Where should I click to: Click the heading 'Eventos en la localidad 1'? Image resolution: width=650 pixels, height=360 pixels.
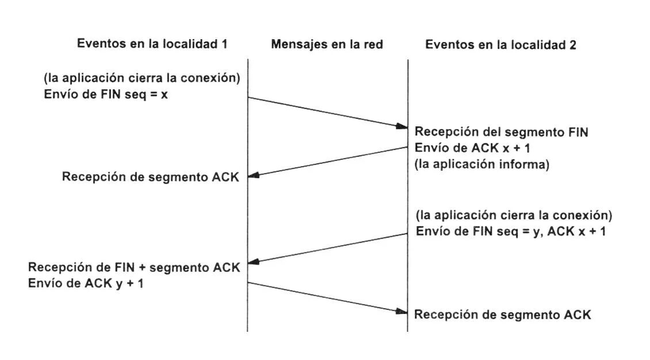point(152,44)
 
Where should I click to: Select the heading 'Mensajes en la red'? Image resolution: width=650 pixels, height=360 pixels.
point(327,44)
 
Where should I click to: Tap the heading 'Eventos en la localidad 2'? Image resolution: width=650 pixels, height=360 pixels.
point(500,44)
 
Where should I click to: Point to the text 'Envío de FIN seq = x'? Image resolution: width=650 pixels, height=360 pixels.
point(106,94)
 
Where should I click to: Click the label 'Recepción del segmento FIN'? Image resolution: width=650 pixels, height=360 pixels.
point(501,132)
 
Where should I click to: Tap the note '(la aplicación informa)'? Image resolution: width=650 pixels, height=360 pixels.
point(482,164)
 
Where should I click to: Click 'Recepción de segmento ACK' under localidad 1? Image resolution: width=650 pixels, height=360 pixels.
point(150,177)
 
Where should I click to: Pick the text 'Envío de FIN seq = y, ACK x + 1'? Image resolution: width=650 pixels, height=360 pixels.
point(510,232)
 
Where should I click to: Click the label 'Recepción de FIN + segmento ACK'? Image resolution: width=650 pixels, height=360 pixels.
point(134,267)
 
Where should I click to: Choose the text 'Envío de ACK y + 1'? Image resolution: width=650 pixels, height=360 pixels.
point(86,283)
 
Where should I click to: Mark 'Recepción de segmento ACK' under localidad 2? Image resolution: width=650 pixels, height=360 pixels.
point(502,315)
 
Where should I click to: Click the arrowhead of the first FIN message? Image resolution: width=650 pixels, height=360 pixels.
point(403,126)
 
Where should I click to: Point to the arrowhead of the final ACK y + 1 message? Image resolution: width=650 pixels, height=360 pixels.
point(403,312)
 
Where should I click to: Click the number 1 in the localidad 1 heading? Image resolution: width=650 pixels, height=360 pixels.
point(224,44)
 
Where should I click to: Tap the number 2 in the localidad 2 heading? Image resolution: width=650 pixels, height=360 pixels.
point(572,45)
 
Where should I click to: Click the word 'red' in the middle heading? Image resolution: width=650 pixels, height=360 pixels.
point(373,44)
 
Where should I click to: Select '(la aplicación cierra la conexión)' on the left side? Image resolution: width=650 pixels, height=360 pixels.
point(142,78)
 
